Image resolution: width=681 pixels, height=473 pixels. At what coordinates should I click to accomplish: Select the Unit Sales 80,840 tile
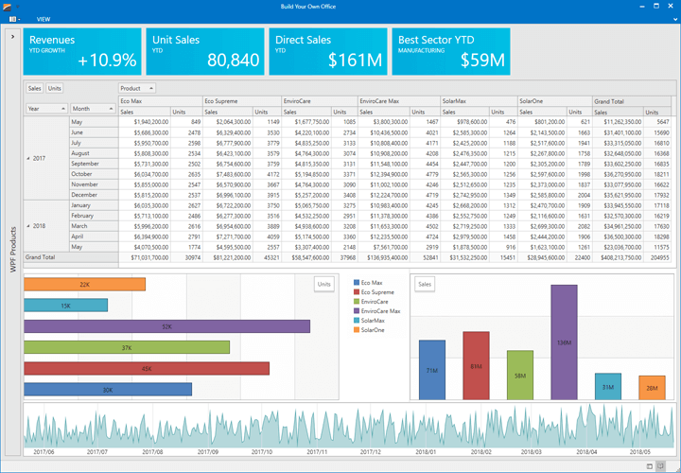pos(203,52)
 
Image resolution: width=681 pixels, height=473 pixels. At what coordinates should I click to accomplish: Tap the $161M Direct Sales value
pos(355,61)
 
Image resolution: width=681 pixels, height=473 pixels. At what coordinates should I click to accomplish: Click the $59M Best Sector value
pos(481,61)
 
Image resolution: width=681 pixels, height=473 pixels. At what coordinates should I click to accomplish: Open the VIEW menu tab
pos(44,19)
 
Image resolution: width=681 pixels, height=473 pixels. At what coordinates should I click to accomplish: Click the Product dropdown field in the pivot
pos(138,88)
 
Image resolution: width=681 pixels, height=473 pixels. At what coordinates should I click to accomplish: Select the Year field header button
pos(46,109)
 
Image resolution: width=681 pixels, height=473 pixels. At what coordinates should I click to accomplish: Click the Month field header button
pos(93,109)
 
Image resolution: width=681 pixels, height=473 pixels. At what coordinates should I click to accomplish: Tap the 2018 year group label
pos(39,225)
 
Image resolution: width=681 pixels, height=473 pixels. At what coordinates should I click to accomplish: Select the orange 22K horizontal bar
pos(84,284)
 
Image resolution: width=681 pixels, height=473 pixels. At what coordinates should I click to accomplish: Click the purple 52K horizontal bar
pos(166,326)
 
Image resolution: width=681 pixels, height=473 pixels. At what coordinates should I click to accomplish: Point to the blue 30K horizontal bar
pos(108,389)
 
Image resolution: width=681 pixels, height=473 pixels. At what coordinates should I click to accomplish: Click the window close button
pos(670,6)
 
